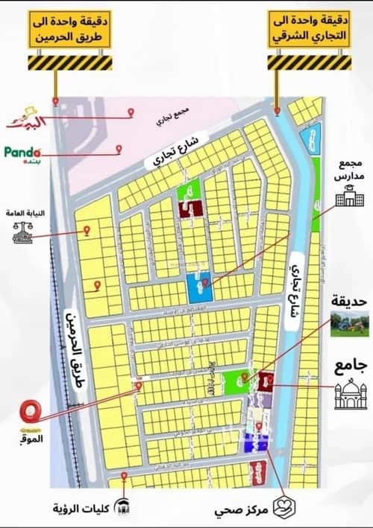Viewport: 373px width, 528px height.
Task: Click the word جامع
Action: tap(348, 365)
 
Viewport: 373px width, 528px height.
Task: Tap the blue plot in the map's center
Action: tap(198, 287)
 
